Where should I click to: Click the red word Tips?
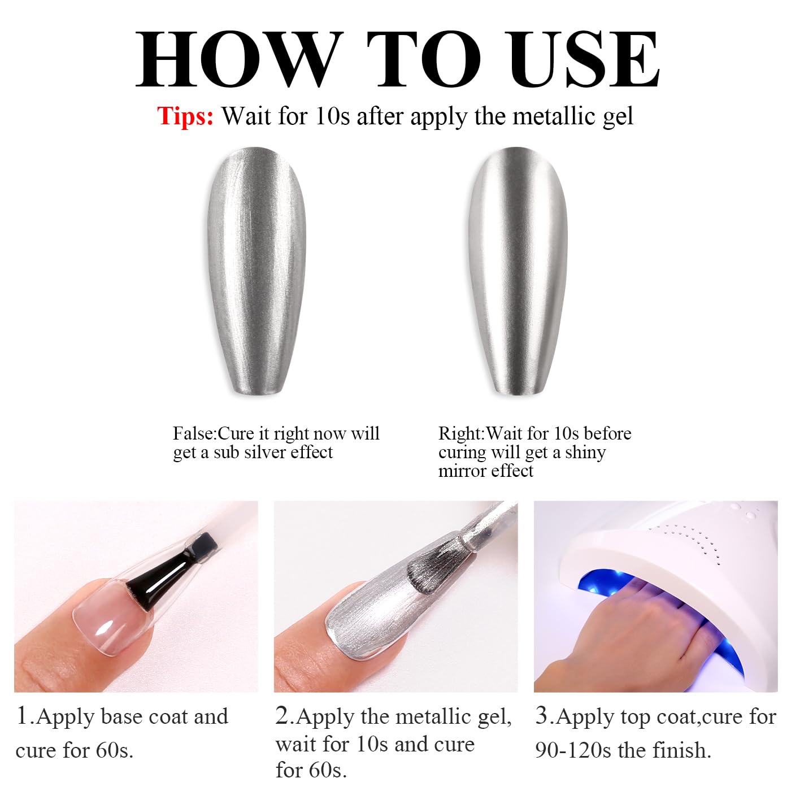click(185, 116)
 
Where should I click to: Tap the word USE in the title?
click(583, 59)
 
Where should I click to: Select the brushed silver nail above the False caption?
click(256, 271)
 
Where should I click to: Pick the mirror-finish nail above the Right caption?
click(518, 271)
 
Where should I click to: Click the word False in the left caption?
click(193, 433)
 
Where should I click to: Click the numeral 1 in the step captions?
click(22, 716)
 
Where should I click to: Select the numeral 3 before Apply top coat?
click(542, 716)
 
